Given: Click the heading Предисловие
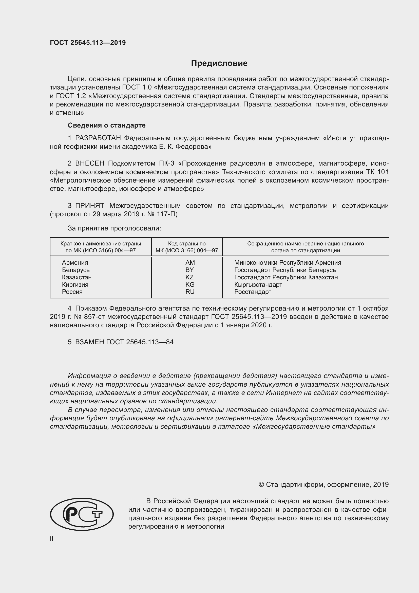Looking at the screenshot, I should (219, 63).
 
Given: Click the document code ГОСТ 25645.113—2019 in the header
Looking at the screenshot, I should (88, 43).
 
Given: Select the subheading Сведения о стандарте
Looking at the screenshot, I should (107, 125).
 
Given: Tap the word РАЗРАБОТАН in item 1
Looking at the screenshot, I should (98, 138).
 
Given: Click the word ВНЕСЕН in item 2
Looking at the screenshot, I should (89, 164).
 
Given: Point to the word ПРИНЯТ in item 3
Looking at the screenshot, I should (89, 206).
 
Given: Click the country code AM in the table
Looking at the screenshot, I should (190, 263).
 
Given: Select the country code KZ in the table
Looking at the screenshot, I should (189, 277).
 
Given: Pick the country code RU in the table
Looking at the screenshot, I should (190, 292).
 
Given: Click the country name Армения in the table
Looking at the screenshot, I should (75, 263).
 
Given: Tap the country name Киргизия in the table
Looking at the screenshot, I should (75, 285).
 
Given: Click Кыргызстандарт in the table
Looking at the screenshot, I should (258, 285).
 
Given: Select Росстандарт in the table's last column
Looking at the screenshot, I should (253, 292).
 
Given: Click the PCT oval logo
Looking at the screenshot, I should (82, 514).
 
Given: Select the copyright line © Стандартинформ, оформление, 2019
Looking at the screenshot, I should (323, 484).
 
